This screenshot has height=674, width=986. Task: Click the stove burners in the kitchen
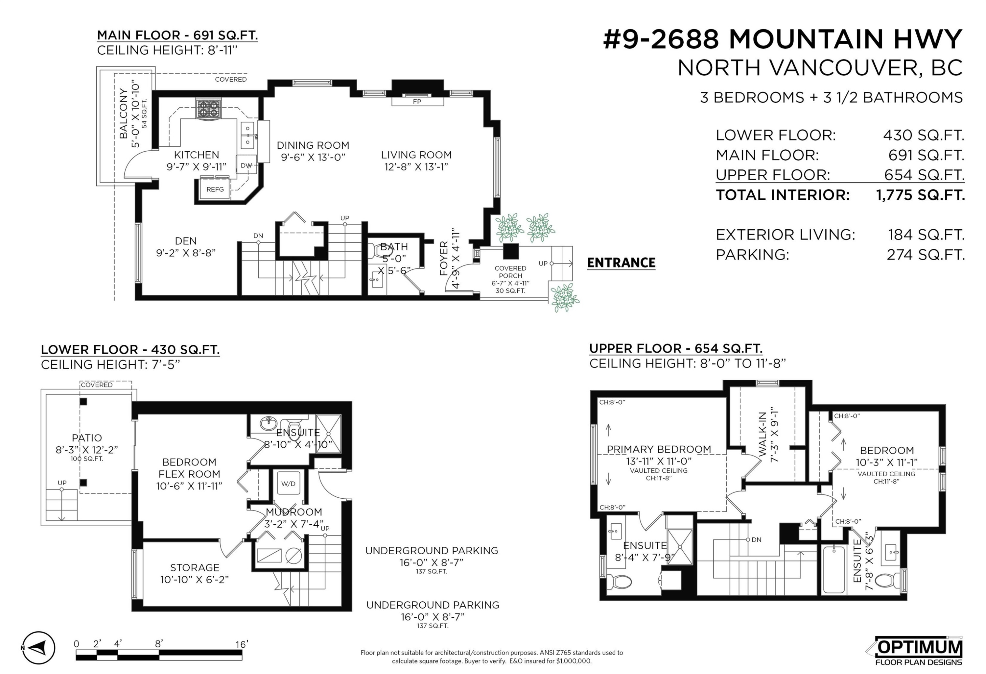pos(208,108)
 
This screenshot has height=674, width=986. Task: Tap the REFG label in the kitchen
pos(215,189)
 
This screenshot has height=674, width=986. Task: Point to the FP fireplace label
pos(417,102)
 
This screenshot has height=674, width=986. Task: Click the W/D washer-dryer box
pos(289,484)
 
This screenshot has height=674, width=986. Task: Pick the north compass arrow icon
pos(38,648)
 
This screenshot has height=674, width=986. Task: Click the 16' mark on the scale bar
pos(242,644)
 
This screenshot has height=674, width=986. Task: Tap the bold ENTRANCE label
pos(621,263)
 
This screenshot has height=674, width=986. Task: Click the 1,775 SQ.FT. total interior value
pos(920,195)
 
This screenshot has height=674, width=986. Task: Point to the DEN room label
pos(186,241)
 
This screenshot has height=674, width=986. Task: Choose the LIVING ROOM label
pos(416,155)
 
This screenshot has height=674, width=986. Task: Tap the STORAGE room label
pos(195,567)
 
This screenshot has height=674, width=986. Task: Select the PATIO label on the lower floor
pos(87,438)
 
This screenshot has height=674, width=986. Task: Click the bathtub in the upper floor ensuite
pos(834,569)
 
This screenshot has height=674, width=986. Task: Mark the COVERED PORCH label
pos(510,272)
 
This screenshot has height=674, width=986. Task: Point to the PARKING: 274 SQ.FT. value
pos(926,255)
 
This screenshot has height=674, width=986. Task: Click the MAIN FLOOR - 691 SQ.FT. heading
pos(177,35)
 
